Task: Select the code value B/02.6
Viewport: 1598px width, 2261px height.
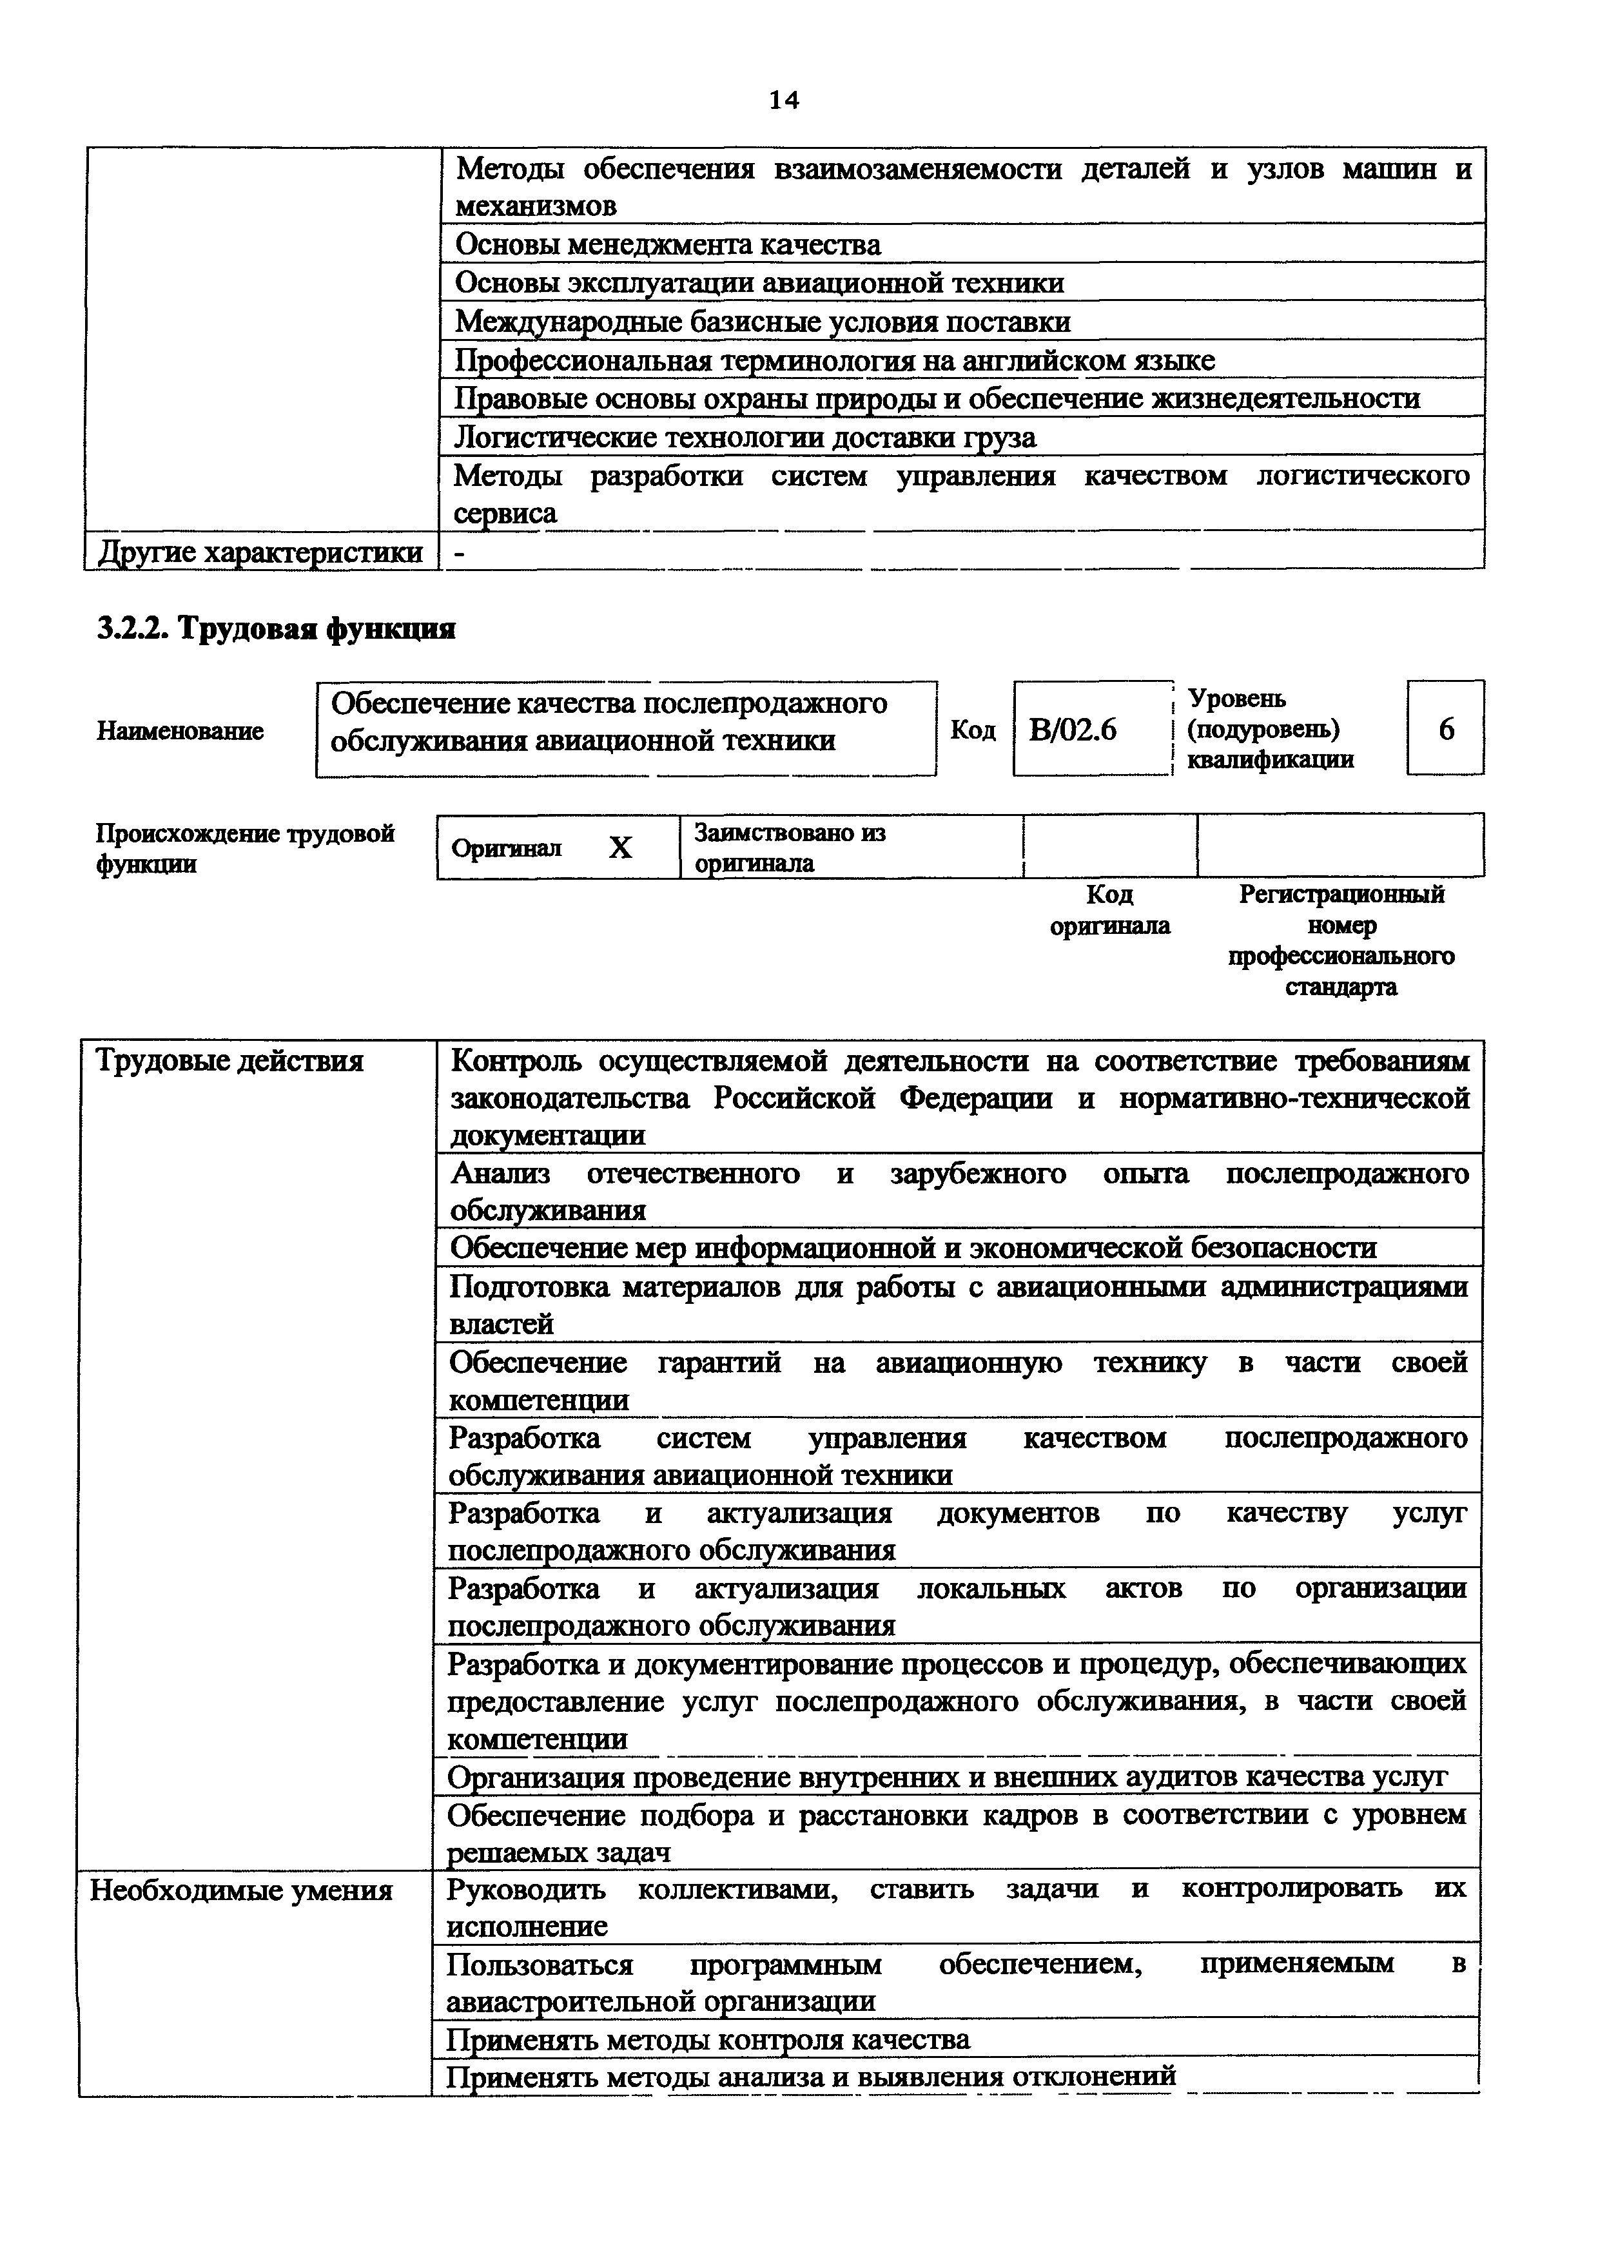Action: [x=1073, y=730]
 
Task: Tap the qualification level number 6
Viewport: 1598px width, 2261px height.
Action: [x=1445, y=730]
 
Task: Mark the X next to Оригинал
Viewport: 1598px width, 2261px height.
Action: [x=620, y=848]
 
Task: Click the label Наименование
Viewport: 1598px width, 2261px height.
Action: [x=180, y=731]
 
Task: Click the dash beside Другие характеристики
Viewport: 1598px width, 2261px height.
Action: [x=459, y=552]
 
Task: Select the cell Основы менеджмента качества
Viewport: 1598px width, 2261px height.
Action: [x=668, y=244]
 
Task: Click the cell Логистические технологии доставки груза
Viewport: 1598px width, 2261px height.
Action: [x=745, y=436]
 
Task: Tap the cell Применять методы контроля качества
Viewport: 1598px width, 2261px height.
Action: [x=708, y=2039]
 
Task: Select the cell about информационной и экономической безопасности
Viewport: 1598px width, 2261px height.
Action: [x=913, y=1248]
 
